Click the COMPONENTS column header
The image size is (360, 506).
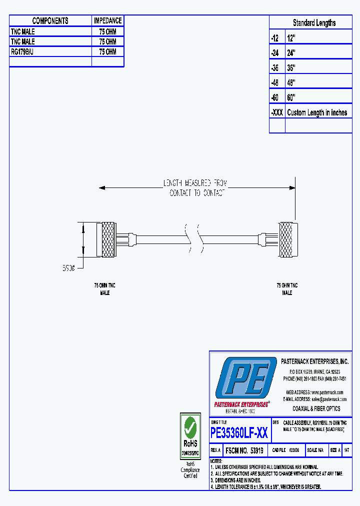pos(50,21)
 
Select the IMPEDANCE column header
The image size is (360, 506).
pos(107,21)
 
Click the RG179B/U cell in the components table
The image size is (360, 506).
pos(22,51)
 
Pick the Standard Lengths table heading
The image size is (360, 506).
pos(314,23)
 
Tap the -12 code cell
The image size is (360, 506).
pos(274,38)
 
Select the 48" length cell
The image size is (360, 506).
pos(291,82)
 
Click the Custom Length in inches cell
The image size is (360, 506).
pos(317,112)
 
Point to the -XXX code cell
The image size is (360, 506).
pos(276,112)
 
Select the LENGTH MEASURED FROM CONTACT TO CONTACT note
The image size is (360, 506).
pos(197,188)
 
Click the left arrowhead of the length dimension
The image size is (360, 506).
pos(102,188)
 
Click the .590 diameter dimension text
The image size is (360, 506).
pos(68,268)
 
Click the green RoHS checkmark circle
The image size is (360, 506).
pos(190,427)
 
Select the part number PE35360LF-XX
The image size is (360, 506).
pos(239,433)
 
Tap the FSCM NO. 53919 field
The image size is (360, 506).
pos(245,450)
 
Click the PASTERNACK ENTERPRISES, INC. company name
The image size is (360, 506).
pos(314,361)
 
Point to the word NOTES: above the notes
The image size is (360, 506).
pos(216,461)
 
